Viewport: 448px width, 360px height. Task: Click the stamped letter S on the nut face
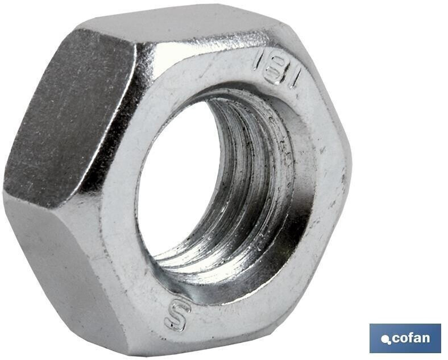(177, 316)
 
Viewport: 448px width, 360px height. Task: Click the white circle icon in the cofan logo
(386, 340)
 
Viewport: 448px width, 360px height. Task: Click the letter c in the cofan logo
(396, 338)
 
